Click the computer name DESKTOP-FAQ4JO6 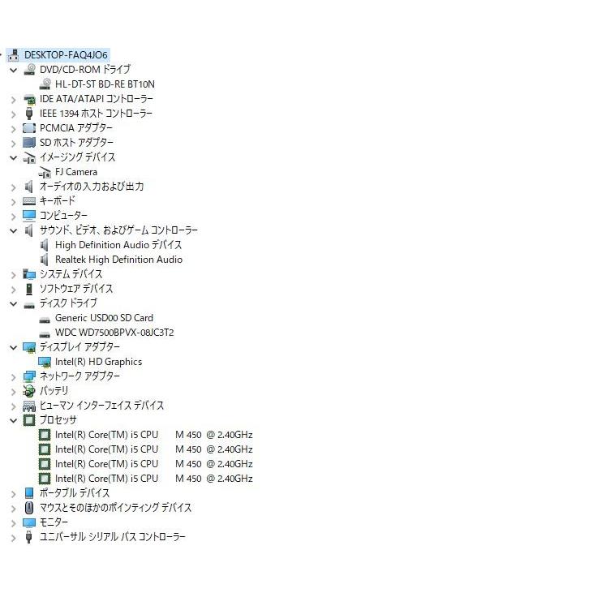pyautogui.click(x=66, y=54)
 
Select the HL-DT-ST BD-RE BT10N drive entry pyautogui.click(x=104, y=84)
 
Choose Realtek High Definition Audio pyautogui.click(x=118, y=260)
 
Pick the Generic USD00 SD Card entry pyautogui.click(x=104, y=318)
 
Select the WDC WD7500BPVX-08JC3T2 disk pyautogui.click(x=114, y=333)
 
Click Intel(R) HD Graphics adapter pyautogui.click(x=98, y=362)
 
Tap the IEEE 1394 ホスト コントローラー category pyautogui.click(x=96, y=114)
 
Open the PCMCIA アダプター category pyautogui.click(x=76, y=127)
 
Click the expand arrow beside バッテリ pyautogui.click(x=13, y=391)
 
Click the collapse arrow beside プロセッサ pyautogui.click(x=13, y=420)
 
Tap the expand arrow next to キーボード pyautogui.click(x=13, y=201)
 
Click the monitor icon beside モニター pyautogui.click(x=29, y=522)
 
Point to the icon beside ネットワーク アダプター pyautogui.click(x=29, y=376)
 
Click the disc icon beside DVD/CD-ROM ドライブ pyautogui.click(x=29, y=70)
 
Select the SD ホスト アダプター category pyautogui.click(x=76, y=142)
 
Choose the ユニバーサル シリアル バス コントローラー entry pyautogui.click(x=112, y=537)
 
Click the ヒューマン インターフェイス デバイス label pyautogui.click(x=101, y=406)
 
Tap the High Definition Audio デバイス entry pyautogui.click(x=118, y=245)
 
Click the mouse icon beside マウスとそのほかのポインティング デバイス pyautogui.click(x=29, y=508)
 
